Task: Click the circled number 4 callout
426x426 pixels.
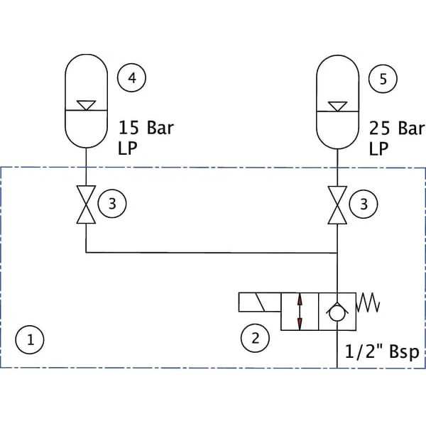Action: coord(131,77)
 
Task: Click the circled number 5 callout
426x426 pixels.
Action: coord(383,79)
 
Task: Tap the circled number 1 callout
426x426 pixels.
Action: coord(30,339)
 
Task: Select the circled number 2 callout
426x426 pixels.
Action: coord(255,338)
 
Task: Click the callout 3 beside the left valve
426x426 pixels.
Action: coord(112,204)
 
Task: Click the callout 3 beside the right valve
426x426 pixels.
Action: coord(364,204)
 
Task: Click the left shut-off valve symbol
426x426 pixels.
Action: coord(86,204)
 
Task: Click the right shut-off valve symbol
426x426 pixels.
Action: coord(337,205)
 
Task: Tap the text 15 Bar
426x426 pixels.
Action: coord(146,128)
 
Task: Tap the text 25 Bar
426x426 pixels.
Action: coord(397,129)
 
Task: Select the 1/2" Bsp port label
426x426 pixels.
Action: coord(382,352)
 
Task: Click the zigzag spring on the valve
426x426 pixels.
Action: coord(368,302)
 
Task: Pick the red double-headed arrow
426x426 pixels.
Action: coord(300,312)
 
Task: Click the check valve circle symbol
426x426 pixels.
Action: coord(337,314)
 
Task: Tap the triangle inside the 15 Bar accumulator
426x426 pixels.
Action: coord(86,105)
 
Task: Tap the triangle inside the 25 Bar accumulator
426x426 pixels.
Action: coord(337,106)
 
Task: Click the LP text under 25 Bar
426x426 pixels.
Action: coord(378,148)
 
